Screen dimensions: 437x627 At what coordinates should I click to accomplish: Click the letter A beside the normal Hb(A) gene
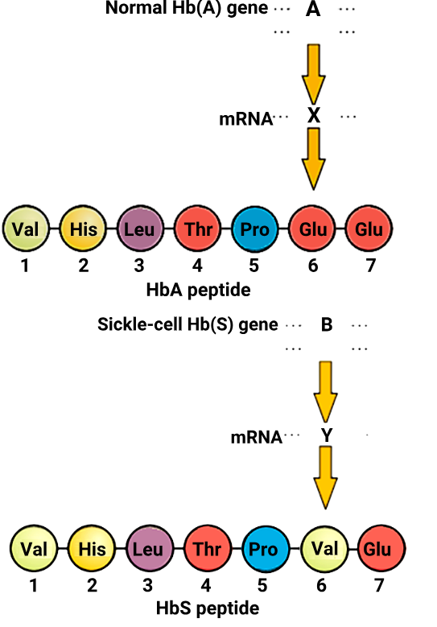(312, 8)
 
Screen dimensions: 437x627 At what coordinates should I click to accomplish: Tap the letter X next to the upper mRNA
(314, 115)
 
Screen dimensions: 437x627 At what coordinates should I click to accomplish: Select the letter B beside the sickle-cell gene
(327, 324)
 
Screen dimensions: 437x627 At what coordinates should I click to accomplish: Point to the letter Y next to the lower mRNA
(327, 435)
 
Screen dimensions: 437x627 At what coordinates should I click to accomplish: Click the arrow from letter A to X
(313, 74)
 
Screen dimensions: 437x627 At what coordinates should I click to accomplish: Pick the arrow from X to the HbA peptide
(314, 159)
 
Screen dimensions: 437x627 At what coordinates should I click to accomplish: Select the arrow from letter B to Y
(325, 392)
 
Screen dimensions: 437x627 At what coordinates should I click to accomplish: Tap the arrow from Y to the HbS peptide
(325, 477)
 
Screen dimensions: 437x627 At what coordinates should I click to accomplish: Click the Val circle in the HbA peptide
(26, 229)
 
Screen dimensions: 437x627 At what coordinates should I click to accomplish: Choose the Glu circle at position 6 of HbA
(312, 229)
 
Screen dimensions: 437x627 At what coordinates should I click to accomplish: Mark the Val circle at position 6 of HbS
(324, 548)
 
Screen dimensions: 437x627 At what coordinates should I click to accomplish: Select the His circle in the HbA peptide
(83, 229)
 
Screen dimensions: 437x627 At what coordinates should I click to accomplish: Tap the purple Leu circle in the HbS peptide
(150, 549)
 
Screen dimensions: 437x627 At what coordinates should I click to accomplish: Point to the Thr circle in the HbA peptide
(198, 229)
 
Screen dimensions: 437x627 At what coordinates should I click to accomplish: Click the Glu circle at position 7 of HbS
(381, 549)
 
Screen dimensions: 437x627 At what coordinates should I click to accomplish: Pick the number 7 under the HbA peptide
(371, 265)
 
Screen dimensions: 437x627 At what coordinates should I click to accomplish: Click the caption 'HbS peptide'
(208, 608)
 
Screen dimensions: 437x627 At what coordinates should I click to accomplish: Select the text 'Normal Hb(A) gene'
(187, 8)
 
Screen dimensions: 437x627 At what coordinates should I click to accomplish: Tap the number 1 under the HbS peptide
(34, 585)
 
